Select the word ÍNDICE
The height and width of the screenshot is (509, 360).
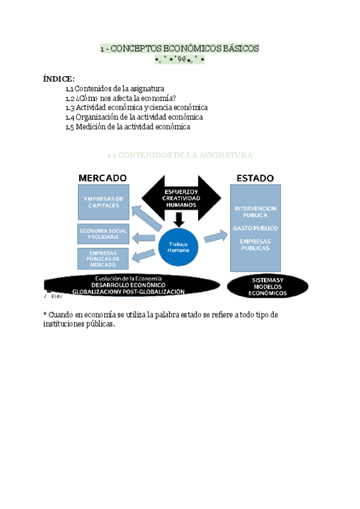[x=59, y=79]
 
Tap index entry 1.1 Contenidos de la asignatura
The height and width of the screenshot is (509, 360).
[x=115, y=89]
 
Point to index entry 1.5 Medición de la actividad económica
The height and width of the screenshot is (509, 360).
[x=128, y=127]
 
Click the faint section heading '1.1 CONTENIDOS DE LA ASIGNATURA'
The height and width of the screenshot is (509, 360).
[x=179, y=155]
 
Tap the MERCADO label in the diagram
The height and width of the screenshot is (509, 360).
[x=103, y=178]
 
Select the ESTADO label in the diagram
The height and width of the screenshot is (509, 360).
[x=255, y=178]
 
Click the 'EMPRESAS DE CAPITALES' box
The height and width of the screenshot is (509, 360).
[x=103, y=202]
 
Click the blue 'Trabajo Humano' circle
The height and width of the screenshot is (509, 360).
[x=178, y=247]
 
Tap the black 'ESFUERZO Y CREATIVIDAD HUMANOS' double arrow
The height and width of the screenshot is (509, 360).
[x=180, y=197]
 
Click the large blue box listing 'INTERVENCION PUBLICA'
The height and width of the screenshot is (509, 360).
[x=255, y=228]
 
